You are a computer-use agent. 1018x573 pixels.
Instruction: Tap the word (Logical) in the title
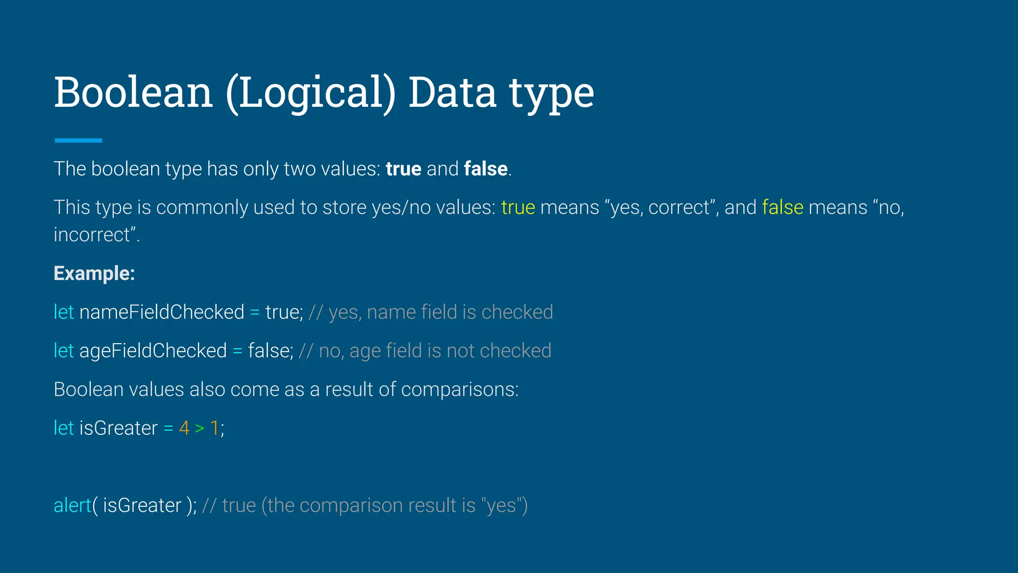pos(310,94)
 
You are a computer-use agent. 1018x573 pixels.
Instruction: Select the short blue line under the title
pos(78,141)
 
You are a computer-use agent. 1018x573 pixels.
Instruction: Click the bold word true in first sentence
pos(403,169)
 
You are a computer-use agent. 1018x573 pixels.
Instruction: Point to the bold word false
pos(485,169)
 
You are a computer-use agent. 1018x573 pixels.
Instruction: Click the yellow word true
pos(518,207)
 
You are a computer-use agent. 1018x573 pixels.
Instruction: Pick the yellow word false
pos(782,207)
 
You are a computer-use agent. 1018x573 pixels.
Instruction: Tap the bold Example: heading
pos(94,274)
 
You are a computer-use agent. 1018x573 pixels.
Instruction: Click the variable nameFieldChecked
pos(162,312)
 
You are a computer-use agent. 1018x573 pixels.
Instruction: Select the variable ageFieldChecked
pos(153,351)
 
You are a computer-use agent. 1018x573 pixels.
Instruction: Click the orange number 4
pos(184,428)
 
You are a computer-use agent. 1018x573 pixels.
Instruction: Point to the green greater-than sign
pos(199,428)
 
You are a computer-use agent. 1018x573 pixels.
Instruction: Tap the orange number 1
pos(215,428)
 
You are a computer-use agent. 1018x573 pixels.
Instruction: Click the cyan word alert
pos(73,505)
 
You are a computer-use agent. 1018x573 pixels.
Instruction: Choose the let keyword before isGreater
pos(64,428)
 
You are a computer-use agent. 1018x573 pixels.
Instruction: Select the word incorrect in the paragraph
pos(92,235)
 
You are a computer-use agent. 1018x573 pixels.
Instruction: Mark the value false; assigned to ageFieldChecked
pos(270,351)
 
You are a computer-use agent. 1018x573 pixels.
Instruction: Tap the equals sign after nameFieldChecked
pos(255,312)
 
